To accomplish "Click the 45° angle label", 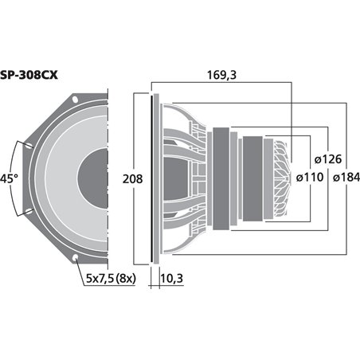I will pyautogui.click(x=10, y=178).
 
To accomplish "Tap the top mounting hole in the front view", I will pyautogui.click(x=76, y=100).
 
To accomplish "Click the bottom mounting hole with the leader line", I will pyautogui.click(x=76, y=257).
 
